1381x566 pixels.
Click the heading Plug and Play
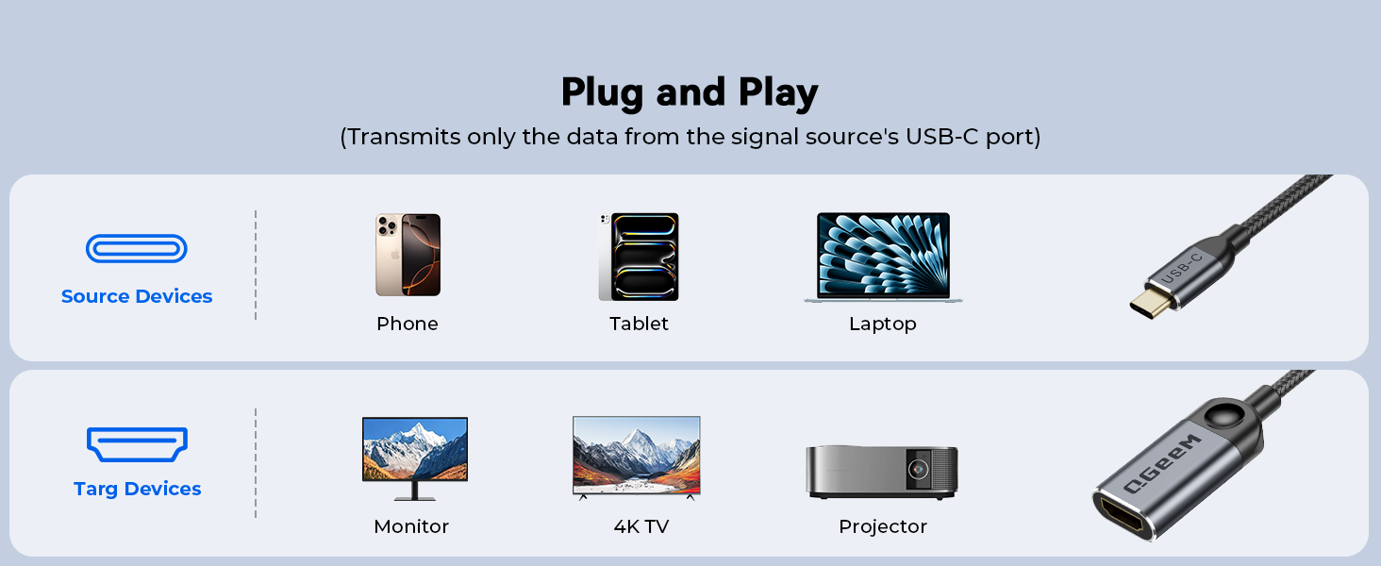(x=690, y=92)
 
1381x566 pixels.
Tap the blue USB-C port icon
(x=137, y=249)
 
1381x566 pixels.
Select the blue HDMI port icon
(x=137, y=443)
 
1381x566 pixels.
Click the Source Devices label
(x=137, y=296)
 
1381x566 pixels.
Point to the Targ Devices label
(x=137, y=489)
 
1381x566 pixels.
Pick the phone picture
(x=408, y=255)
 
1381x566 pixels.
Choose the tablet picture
(x=639, y=257)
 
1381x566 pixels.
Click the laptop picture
(x=883, y=257)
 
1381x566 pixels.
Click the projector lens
(x=916, y=469)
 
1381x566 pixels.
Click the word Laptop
(x=882, y=324)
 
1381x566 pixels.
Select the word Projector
(x=883, y=526)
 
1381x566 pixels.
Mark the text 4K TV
(x=641, y=526)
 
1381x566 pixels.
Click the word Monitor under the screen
(x=411, y=526)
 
